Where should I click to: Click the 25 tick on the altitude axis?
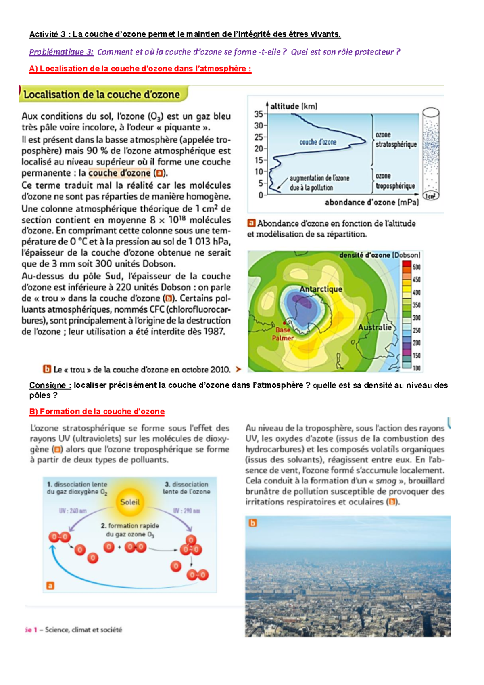pyautogui.click(x=259, y=137)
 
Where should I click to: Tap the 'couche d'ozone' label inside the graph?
pyautogui.click(x=317, y=142)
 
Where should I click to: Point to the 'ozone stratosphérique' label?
pyautogui.click(x=396, y=140)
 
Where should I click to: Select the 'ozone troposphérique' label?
pyautogui.click(x=395, y=181)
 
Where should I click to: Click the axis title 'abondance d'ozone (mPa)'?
pyautogui.click(x=371, y=202)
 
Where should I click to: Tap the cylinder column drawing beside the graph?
pyautogui.click(x=431, y=153)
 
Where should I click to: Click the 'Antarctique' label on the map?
pyautogui.click(x=321, y=289)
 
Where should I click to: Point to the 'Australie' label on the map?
pyautogui.click(x=375, y=327)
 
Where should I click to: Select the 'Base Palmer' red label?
pyautogui.click(x=283, y=334)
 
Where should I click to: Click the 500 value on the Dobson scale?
pyautogui.click(x=416, y=267)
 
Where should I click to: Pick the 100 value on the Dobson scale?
pyautogui.click(x=416, y=368)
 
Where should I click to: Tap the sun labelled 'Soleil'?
pyautogui.click(x=130, y=502)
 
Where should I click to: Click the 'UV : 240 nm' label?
pyautogui.click(x=73, y=511)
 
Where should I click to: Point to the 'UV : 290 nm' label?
pyautogui.click(x=186, y=511)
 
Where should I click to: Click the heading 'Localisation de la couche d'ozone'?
pyautogui.click(x=102, y=95)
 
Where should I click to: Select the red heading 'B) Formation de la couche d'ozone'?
pyautogui.click(x=97, y=412)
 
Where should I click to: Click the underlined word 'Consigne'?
pyautogui.click(x=50, y=385)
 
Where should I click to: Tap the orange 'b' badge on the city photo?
pyautogui.click(x=252, y=523)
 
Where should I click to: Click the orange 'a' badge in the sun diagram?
pyautogui.click(x=50, y=586)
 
